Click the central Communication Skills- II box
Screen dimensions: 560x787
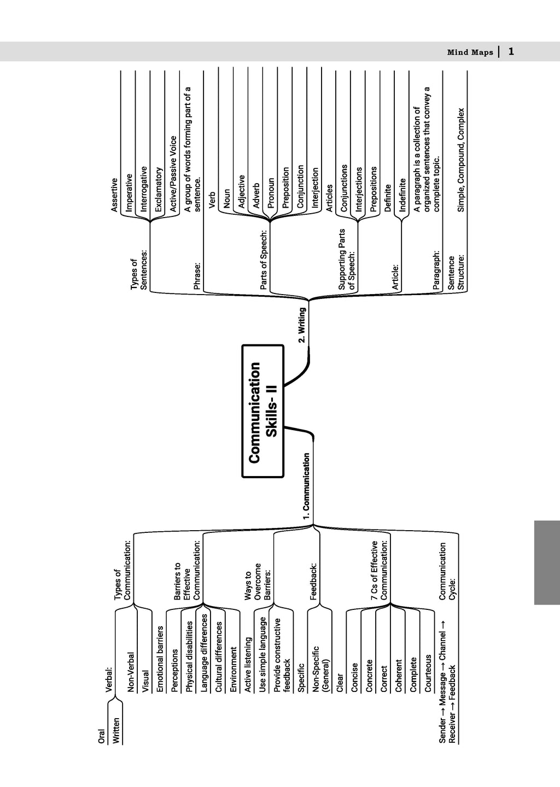263,411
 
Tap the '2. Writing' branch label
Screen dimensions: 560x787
302,325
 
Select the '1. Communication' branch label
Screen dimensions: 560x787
307,486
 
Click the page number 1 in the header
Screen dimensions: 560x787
511,51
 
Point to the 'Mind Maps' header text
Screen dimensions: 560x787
470,52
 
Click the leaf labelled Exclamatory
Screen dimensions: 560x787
159,189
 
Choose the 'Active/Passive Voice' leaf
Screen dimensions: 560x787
174,174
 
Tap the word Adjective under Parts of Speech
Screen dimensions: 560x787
242,191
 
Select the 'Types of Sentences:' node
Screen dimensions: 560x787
139,269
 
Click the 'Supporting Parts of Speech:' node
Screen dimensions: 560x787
347,259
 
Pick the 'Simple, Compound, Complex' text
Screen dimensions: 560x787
461,160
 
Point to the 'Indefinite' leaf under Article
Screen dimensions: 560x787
403,195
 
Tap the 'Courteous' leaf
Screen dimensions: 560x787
428,673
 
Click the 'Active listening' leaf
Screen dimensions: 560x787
248,665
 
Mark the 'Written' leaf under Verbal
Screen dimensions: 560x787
116,730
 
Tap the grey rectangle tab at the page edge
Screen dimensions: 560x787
547,562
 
